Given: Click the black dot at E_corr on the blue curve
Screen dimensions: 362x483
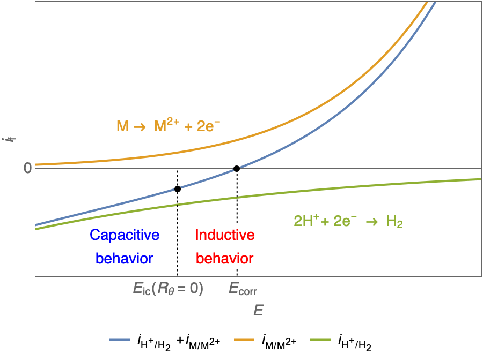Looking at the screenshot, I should point(236,169).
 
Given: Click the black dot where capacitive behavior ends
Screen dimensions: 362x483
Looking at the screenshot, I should point(178,188).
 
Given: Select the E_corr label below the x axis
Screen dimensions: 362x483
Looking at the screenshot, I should point(243,290).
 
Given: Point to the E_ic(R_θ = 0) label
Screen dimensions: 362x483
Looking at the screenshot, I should point(168,289).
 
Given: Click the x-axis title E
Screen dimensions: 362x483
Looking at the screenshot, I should point(259,311).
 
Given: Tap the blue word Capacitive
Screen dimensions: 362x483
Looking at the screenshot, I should point(125,235).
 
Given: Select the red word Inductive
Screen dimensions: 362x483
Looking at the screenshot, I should point(224,235).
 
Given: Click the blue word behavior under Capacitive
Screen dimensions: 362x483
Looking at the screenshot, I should point(125,258).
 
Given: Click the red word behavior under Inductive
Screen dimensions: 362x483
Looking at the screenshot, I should point(224,258).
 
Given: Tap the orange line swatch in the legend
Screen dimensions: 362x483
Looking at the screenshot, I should point(246,340).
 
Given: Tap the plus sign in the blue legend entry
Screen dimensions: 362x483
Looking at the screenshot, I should point(184,340).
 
